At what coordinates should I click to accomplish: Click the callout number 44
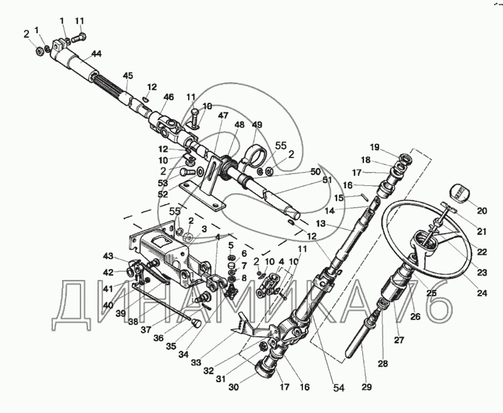[96, 55]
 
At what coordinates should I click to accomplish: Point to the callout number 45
[128, 77]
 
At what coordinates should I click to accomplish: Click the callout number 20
[482, 211]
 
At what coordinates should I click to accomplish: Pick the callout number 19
[374, 147]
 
